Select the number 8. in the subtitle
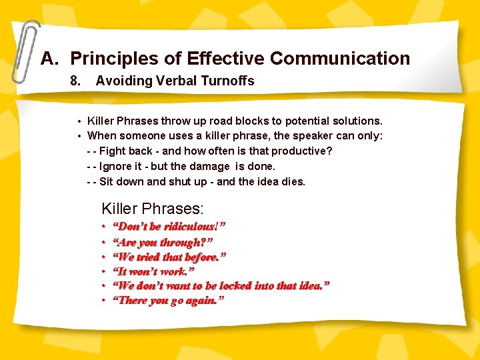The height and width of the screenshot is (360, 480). point(75,81)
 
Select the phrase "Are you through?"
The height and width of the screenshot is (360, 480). point(163,242)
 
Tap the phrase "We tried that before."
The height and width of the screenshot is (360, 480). point(169,257)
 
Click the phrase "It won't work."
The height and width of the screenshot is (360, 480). point(153,271)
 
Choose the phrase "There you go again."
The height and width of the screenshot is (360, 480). point(168,301)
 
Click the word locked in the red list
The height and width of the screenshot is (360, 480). point(239,286)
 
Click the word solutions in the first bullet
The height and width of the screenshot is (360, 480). point(357,121)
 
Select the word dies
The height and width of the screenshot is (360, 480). point(294,181)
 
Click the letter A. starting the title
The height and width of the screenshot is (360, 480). point(49,59)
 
